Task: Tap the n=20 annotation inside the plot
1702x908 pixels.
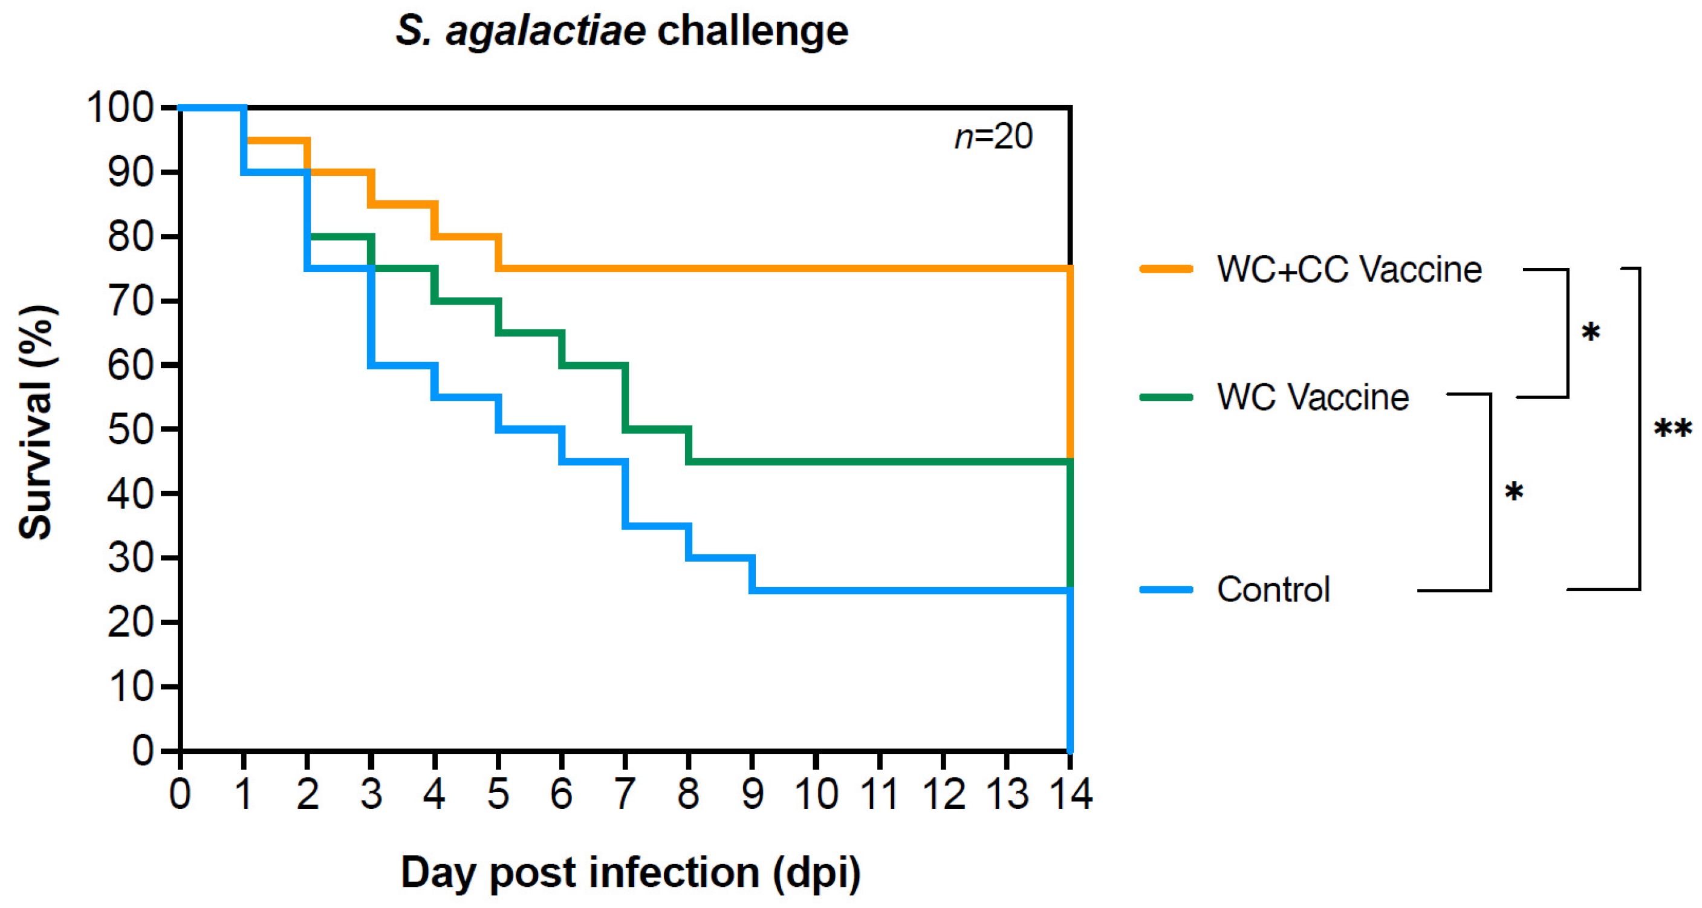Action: tap(993, 137)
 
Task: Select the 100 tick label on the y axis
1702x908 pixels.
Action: tap(120, 108)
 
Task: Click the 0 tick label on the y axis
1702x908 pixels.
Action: tap(142, 751)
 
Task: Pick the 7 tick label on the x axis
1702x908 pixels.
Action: tap(625, 794)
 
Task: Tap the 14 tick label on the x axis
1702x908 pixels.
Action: tap(1070, 794)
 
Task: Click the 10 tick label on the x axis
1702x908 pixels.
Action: tap(816, 794)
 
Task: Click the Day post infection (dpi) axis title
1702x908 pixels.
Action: tap(631, 874)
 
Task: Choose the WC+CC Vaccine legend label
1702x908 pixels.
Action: tap(1349, 270)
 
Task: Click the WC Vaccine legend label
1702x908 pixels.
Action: tap(1313, 397)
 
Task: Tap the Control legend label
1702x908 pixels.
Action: tap(1273, 589)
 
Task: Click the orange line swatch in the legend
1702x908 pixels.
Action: tap(1166, 269)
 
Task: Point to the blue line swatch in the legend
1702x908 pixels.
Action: tap(1166, 589)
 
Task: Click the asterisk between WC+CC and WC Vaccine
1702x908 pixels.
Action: tap(1590, 332)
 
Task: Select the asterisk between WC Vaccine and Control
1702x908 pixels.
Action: tap(1514, 493)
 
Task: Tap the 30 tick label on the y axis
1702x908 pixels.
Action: tap(130, 559)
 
